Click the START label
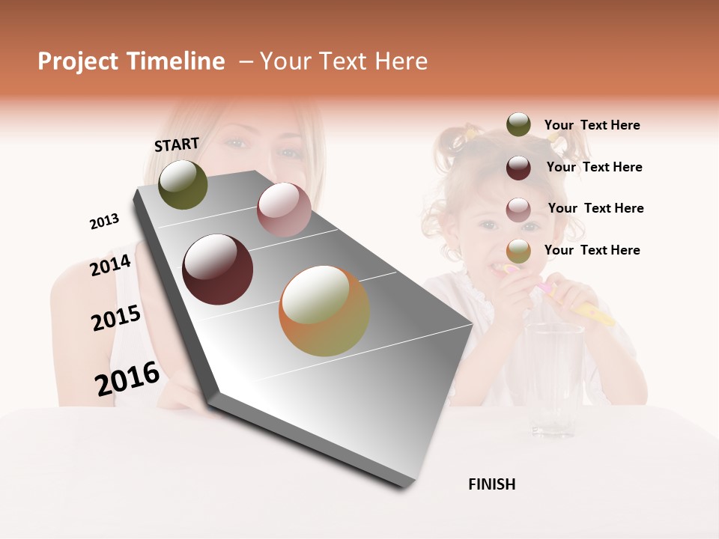(x=177, y=144)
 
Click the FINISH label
(x=491, y=484)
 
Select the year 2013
(x=104, y=222)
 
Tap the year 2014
(x=110, y=266)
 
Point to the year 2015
(x=116, y=318)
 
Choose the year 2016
(x=127, y=379)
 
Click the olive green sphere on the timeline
(x=183, y=184)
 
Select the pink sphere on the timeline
(x=283, y=209)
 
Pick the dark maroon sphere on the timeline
(x=217, y=269)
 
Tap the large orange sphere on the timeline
(x=324, y=311)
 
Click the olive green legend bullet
(x=518, y=124)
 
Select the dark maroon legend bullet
(x=518, y=168)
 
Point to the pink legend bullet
(x=518, y=210)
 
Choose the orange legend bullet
(x=518, y=252)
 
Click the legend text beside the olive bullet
(x=592, y=125)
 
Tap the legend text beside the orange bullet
(x=592, y=250)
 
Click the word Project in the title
(x=78, y=61)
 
